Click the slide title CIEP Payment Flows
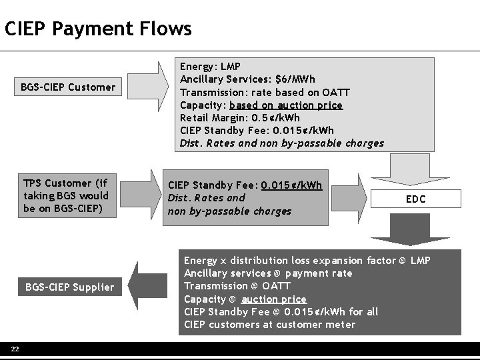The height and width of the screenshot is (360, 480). [x=98, y=29]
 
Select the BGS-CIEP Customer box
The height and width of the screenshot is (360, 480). [x=68, y=87]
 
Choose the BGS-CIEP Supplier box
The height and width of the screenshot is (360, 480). [x=69, y=287]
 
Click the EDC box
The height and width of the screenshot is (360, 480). [x=415, y=199]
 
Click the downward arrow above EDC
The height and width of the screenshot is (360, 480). [x=415, y=170]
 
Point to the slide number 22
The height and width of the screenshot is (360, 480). [x=14, y=349]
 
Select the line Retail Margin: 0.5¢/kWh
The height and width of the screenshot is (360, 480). [x=240, y=117]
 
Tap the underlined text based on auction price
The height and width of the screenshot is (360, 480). [x=286, y=105]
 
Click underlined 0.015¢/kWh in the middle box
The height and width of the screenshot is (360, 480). [x=291, y=185]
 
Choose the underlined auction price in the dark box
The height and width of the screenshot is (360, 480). [x=274, y=299]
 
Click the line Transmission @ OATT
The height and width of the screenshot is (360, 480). [x=227, y=286]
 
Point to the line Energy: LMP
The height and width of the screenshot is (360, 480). [x=210, y=67]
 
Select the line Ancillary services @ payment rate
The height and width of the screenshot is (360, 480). [x=268, y=273]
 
